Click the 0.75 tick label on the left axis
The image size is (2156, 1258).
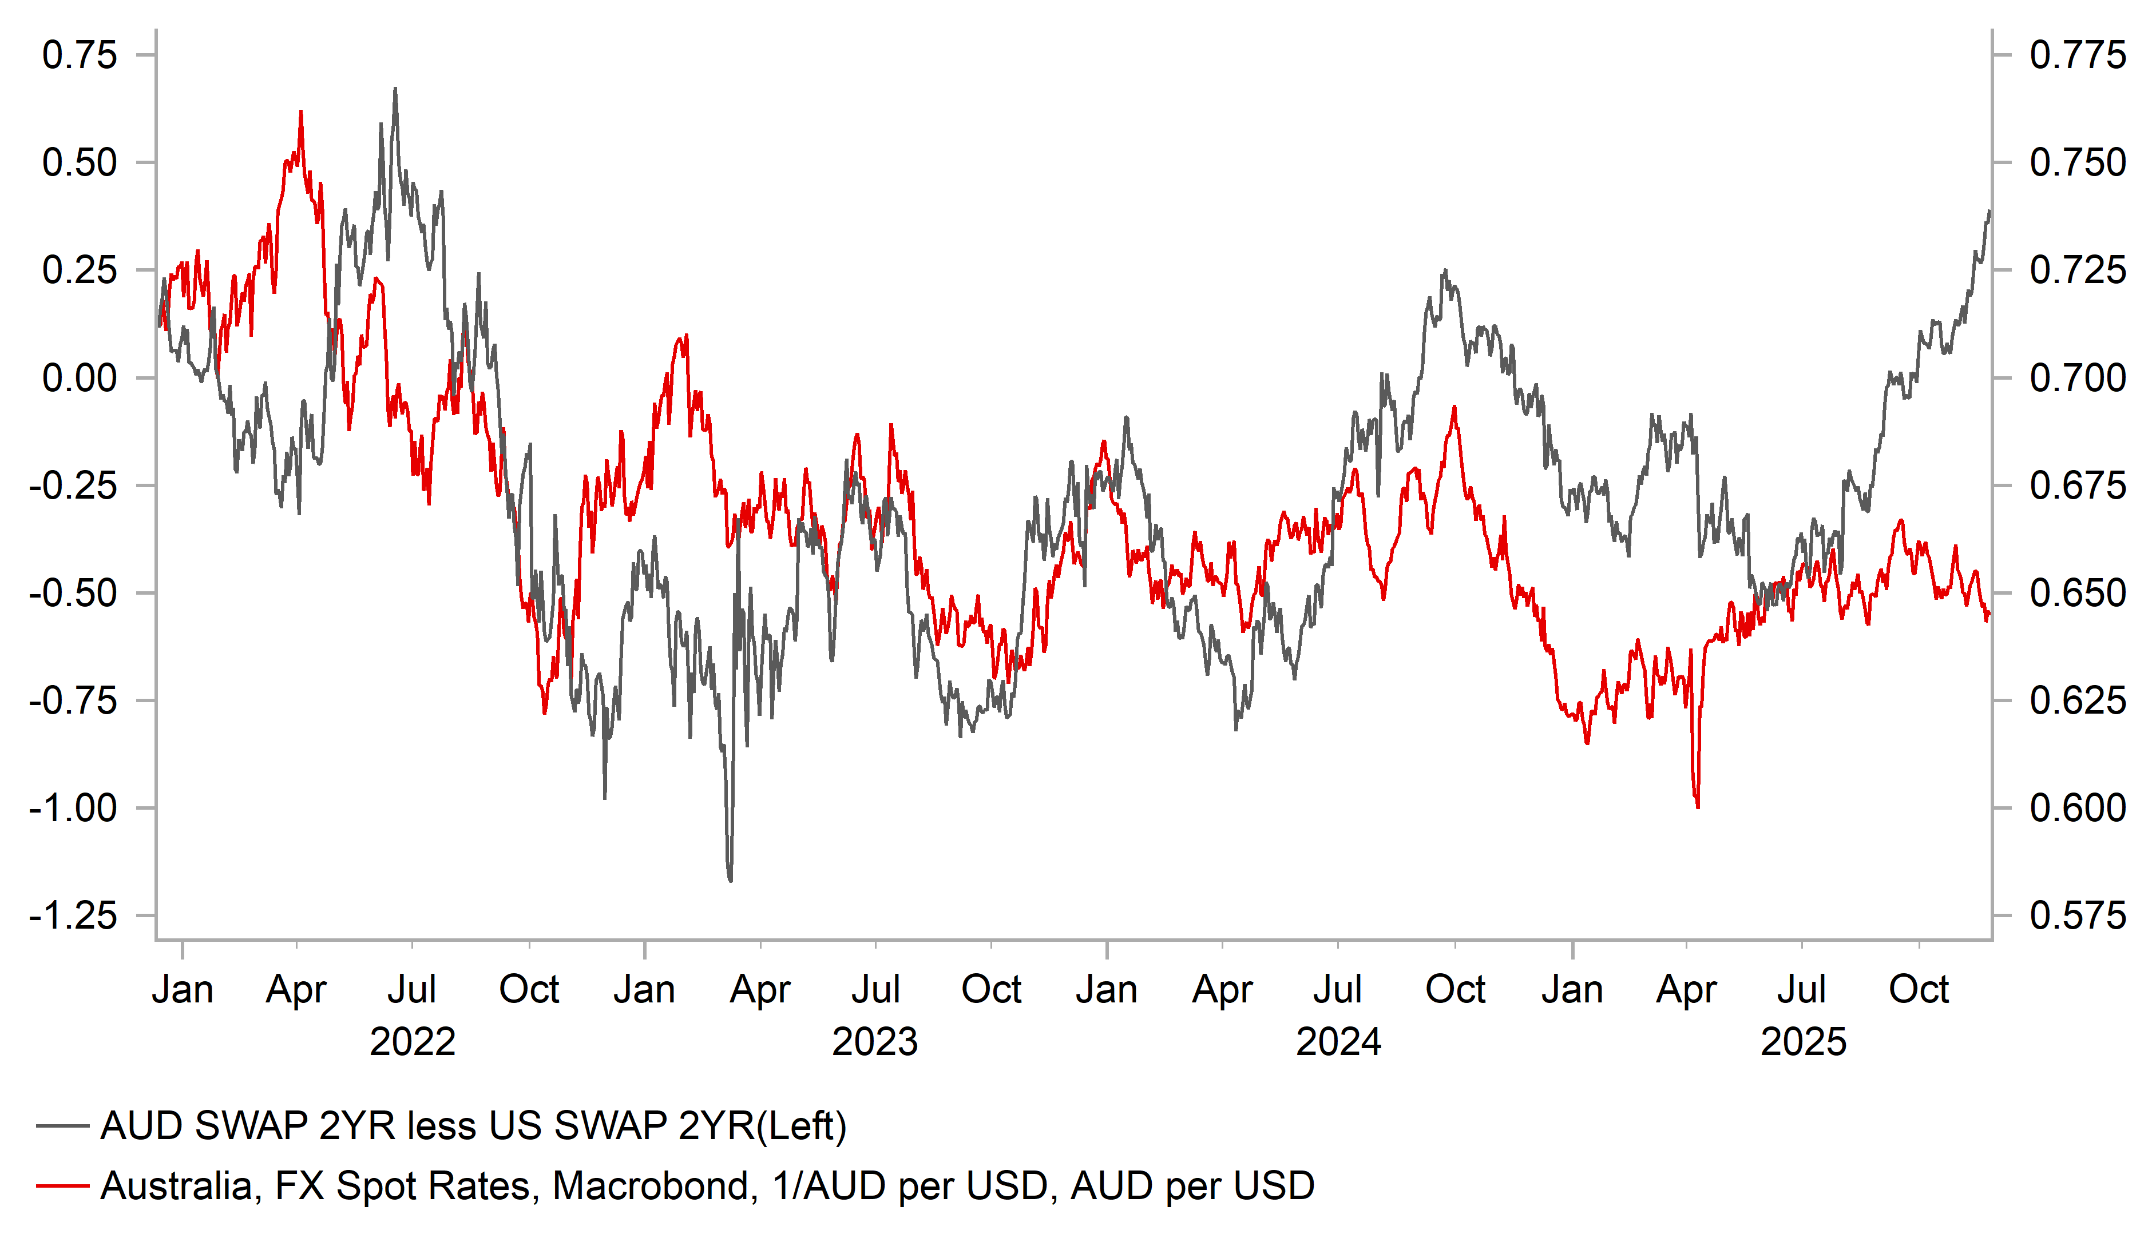pos(80,55)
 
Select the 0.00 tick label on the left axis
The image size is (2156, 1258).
pos(80,378)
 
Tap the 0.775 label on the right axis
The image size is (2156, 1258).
pos(2077,55)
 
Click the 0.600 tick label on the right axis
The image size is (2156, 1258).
pos(2077,808)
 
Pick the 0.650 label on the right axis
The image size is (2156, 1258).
pos(2077,592)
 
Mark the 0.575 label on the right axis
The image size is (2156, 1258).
pos(2077,916)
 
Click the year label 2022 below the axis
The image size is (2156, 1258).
pos(413,1042)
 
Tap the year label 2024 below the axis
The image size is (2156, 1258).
pos(1338,1042)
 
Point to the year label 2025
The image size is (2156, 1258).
pos(1804,1042)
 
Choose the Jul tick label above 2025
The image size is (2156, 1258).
pos(1802,989)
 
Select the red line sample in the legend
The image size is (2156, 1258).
pos(62,1186)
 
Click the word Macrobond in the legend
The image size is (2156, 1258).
pos(655,1186)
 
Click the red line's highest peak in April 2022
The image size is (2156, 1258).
pos(301,112)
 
